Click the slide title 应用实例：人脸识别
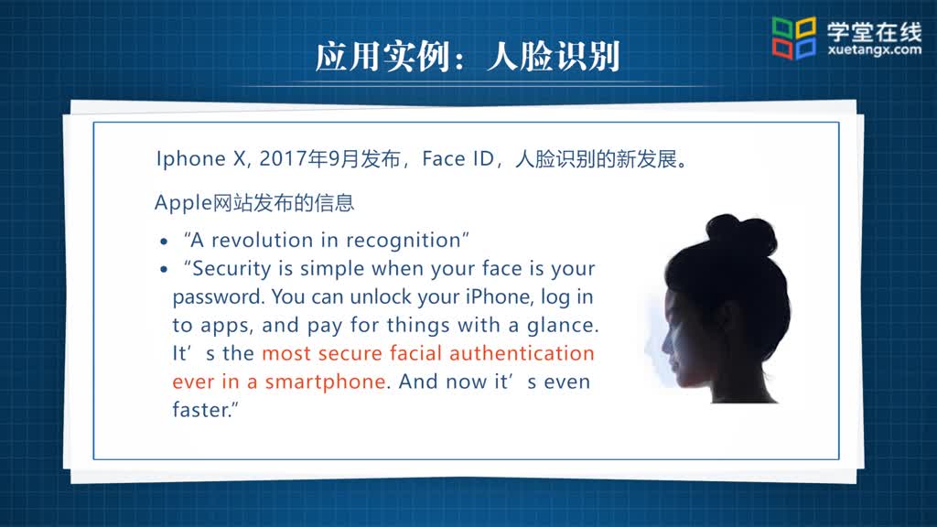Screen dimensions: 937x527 tap(468, 57)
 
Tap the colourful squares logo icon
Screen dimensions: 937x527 tap(794, 38)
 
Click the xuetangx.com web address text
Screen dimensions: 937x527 tap(874, 49)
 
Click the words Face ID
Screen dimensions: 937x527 tap(458, 158)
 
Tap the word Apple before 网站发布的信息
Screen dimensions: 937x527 tap(183, 203)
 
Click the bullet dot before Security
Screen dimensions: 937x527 tap(164, 270)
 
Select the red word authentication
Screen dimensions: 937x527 tap(522, 353)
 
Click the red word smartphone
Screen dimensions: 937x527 tap(326, 382)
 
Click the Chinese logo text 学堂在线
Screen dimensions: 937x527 tap(874, 30)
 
